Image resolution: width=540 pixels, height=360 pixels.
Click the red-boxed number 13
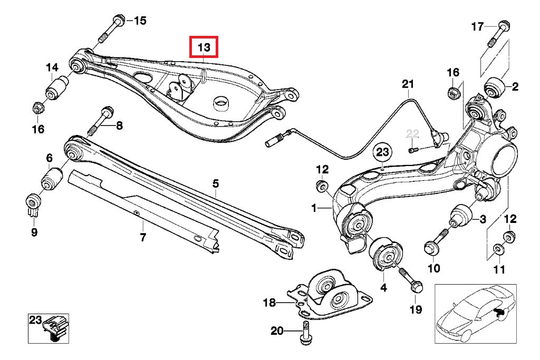pos(204,47)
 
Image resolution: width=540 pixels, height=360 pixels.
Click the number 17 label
pos(477,26)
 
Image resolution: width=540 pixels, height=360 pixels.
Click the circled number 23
pos(382,153)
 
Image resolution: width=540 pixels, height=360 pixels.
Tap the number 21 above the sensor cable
pos(408,84)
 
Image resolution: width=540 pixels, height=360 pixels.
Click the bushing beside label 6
pos(52,179)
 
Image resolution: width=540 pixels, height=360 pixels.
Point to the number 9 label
pos(34,231)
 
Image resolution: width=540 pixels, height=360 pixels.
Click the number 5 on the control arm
pos(216,184)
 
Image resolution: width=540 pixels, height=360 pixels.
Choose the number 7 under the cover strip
pos(142,238)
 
